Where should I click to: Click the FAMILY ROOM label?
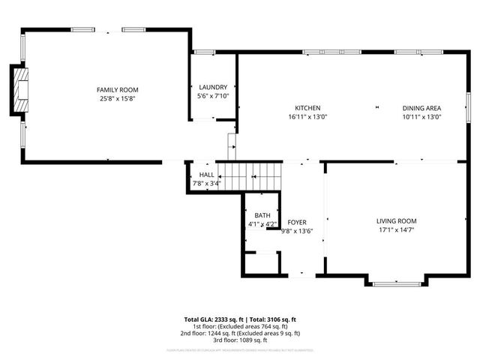(x=116, y=89)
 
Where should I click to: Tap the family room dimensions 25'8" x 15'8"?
(x=116, y=98)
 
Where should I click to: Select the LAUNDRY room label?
(x=212, y=87)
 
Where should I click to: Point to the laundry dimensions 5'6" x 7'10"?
(x=212, y=96)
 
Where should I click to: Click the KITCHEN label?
(x=307, y=107)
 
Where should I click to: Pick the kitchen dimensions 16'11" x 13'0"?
(x=307, y=116)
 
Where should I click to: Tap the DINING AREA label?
(x=421, y=107)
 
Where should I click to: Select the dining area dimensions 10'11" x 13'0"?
(x=421, y=116)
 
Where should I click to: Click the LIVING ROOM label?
(x=396, y=220)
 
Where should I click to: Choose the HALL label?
(x=206, y=174)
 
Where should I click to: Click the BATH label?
(x=262, y=215)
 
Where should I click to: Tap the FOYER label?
(x=297, y=222)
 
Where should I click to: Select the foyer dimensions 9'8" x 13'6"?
(x=297, y=231)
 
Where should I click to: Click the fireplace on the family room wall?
(x=20, y=90)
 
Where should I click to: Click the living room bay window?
(x=396, y=283)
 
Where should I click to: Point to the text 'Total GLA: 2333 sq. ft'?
(x=211, y=319)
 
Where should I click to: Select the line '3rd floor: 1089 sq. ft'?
(x=240, y=340)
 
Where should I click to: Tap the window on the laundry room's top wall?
(x=203, y=52)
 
